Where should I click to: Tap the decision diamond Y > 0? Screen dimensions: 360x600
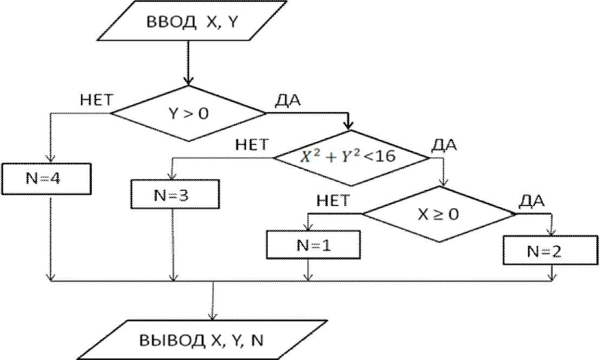pos(188,113)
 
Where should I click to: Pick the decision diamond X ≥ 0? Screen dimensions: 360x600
pos(439,214)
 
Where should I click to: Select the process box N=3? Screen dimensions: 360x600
pos(175,193)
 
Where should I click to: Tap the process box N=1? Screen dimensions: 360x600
pos(313,245)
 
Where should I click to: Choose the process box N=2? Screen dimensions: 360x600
pos(551,251)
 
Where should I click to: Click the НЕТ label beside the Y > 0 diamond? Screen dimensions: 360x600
pos(96,100)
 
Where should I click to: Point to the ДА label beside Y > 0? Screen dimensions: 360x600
pos(288,101)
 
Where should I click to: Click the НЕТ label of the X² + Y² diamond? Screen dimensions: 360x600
pos(251,145)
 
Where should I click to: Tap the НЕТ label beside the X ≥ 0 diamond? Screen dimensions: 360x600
pos(332,201)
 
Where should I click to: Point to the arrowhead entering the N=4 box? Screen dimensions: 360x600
pos(50,158)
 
